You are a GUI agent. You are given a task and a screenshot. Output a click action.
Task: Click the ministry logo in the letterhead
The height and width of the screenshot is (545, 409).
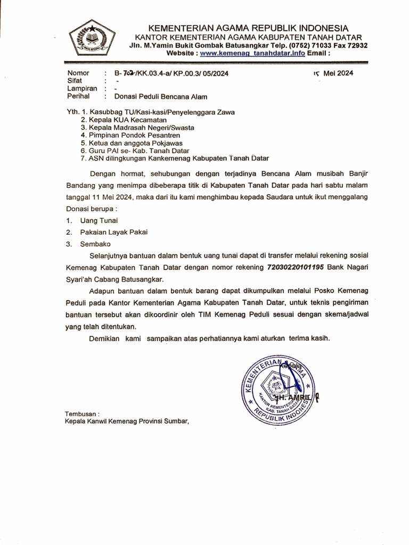[92, 38]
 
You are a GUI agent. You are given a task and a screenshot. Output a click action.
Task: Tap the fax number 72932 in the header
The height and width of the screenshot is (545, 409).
[355, 46]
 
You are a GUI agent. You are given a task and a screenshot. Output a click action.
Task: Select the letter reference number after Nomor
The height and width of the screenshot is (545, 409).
[167, 74]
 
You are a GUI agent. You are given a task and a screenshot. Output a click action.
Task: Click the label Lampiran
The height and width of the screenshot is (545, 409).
[82, 89]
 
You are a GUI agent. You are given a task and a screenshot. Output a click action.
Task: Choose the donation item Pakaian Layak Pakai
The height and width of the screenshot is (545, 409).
[113, 232]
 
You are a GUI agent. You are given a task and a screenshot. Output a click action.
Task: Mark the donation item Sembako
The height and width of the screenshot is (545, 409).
[95, 244]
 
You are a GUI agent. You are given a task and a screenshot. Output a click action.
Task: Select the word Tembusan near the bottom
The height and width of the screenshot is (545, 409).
[81, 414]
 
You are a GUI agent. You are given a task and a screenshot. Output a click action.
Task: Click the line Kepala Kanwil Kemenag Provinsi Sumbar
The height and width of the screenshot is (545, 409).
[127, 421]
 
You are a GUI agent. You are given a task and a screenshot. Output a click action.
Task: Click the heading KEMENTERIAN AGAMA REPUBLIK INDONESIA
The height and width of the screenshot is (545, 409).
[248, 28]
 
